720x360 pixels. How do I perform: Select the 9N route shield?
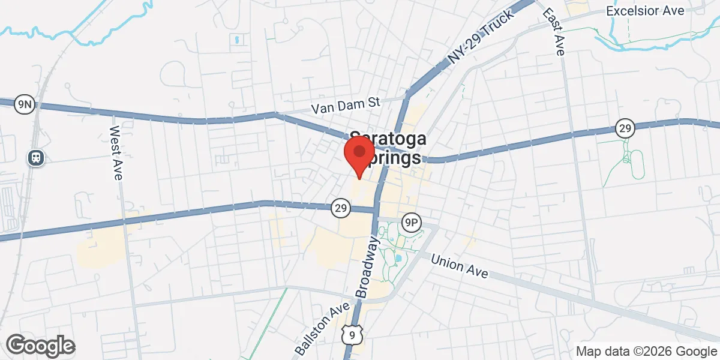25,104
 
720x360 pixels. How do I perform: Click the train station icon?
35,157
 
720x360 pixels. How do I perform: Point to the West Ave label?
116,153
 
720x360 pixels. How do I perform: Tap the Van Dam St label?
346,106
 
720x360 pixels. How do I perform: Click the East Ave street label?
553,32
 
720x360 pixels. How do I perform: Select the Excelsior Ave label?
644,11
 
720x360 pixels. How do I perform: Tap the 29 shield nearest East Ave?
625,128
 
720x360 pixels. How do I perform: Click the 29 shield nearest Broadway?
340,208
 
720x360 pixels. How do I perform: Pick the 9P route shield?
411,221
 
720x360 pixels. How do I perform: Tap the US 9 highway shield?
349,334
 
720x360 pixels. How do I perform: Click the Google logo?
40,346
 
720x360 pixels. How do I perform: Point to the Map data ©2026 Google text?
646,351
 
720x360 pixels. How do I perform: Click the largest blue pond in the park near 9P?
397,259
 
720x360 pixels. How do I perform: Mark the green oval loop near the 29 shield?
636,164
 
